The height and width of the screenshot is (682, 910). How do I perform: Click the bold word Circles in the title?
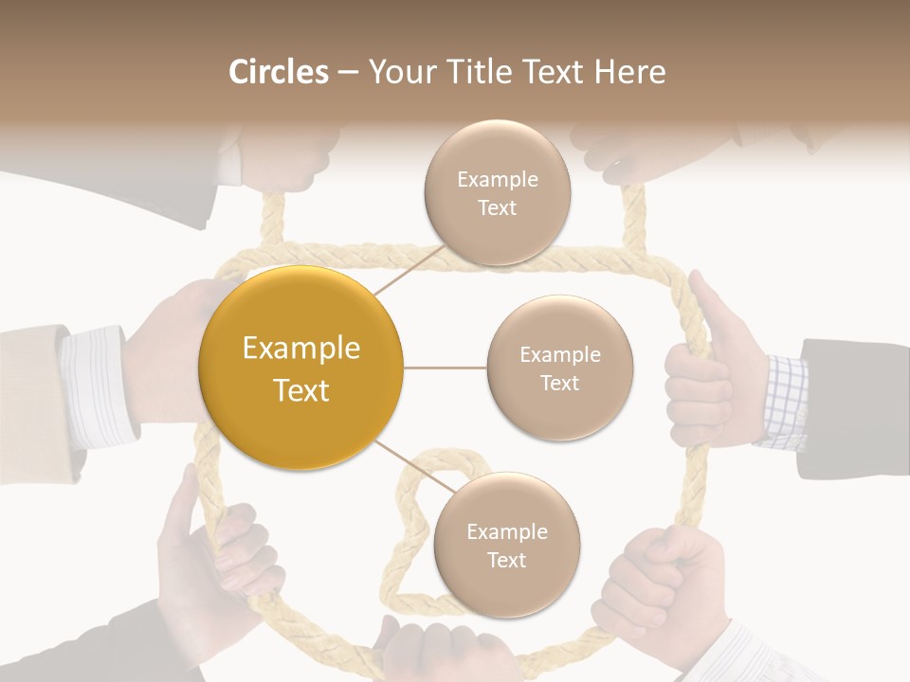pos(279,72)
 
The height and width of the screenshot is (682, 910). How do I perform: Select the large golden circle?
pos(300,368)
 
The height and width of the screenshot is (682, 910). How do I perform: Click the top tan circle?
pos(497,192)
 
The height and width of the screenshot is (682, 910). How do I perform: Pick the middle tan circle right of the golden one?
pos(559,368)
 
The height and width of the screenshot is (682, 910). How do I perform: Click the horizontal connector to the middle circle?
pos(446,368)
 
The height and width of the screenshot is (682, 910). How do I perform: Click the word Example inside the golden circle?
pos(300,349)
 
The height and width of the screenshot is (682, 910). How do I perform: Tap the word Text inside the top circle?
pos(497,207)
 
